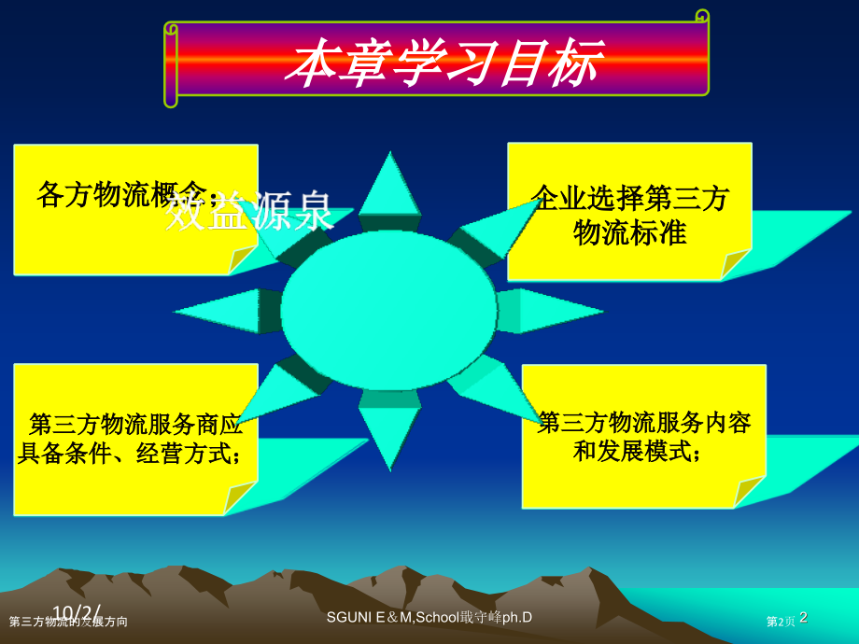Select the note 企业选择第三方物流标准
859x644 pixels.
click(x=629, y=215)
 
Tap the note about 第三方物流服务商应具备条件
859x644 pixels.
click(x=134, y=439)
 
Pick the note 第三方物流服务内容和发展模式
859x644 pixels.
click(x=643, y=436)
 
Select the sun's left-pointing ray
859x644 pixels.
click(x=219, y=311)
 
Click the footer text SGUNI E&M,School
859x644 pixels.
click(x=430, y=618)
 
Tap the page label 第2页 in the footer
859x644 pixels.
click(x=781, y=622)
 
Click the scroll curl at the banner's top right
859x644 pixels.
click(x=702, y=16)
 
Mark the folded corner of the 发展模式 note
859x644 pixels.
click(x=749, y=491)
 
